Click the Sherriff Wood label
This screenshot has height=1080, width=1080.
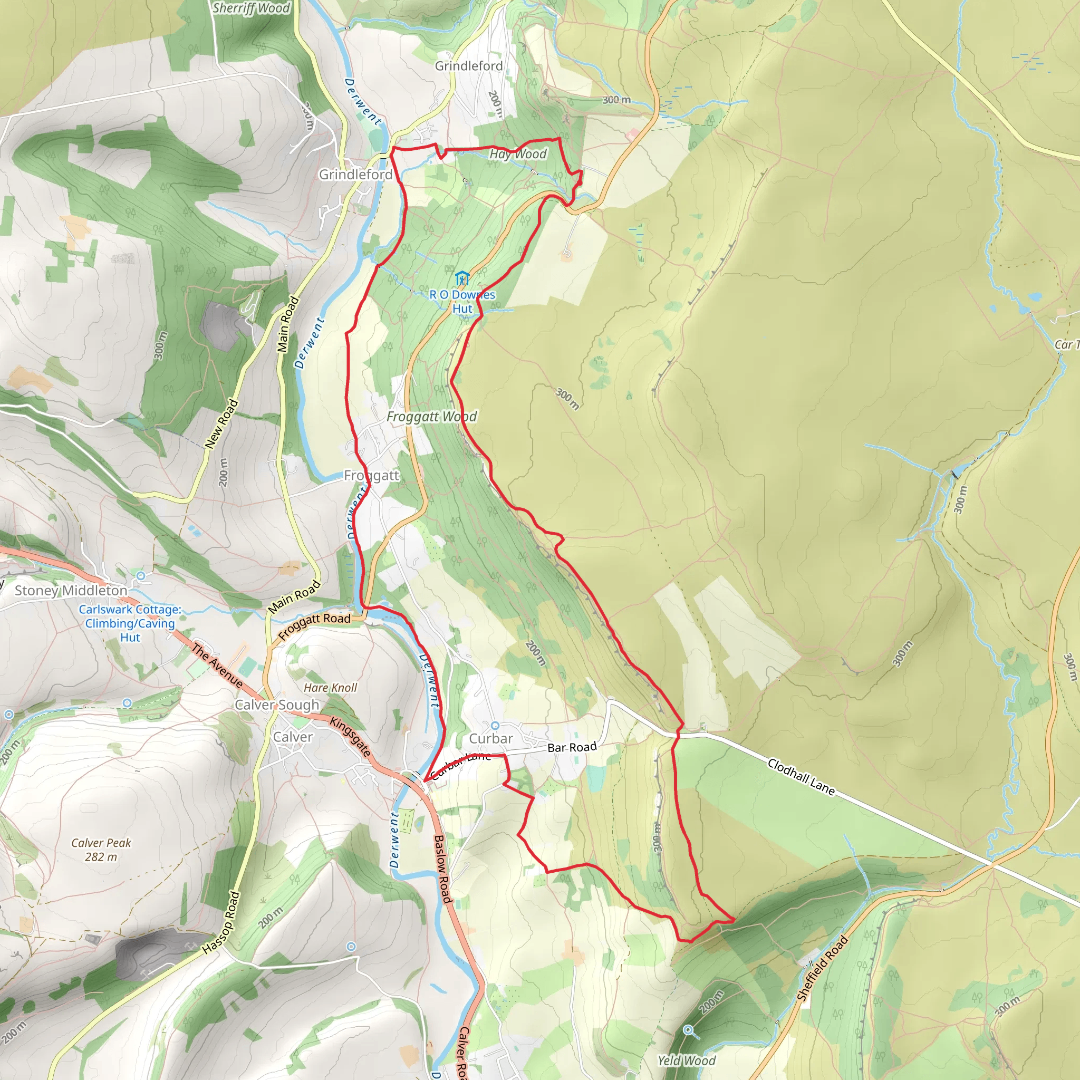251,8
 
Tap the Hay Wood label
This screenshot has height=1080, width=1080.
518,155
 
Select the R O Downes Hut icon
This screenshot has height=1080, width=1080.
461,278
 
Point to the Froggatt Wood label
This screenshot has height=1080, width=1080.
431,417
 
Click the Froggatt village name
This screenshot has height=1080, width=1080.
371,476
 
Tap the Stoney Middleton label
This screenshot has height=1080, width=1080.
71,590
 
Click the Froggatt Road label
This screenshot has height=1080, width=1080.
314,626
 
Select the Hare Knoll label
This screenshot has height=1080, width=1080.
330,688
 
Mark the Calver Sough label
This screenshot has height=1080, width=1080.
276,705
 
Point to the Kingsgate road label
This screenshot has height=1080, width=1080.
350,737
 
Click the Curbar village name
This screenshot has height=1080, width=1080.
491,738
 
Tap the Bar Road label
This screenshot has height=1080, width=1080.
572,747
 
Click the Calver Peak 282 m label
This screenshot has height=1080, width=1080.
101,850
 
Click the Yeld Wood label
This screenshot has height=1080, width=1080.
686,1060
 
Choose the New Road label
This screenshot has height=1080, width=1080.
221,424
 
